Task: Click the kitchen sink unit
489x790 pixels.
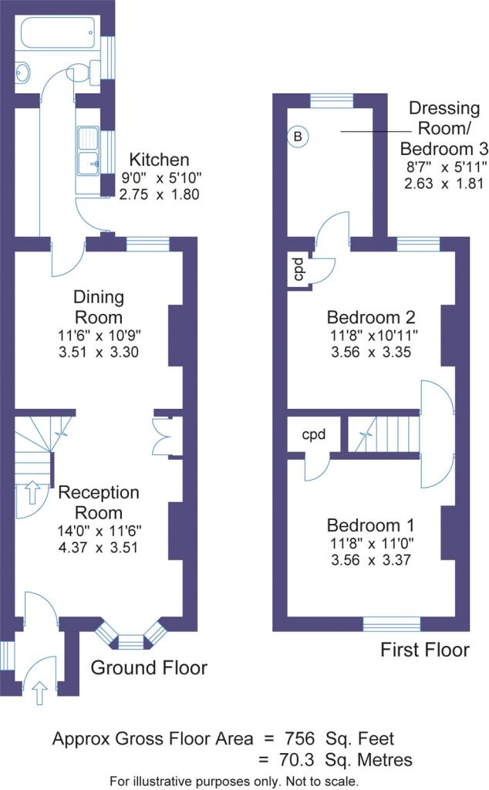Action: coord(89,150)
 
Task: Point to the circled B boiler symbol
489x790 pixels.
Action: coord(298,137)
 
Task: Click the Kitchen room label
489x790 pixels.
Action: coord(158,160)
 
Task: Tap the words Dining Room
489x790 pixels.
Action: coord(98,307)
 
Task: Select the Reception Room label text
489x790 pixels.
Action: coord(99,502)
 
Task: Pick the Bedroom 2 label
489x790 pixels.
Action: coord(372,317)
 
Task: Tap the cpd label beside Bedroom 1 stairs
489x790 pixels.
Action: coord(313,434)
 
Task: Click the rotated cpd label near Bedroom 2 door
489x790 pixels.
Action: coord(298,268)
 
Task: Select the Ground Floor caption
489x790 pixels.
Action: coord(149,667)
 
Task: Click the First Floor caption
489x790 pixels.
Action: coord(425,650)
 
